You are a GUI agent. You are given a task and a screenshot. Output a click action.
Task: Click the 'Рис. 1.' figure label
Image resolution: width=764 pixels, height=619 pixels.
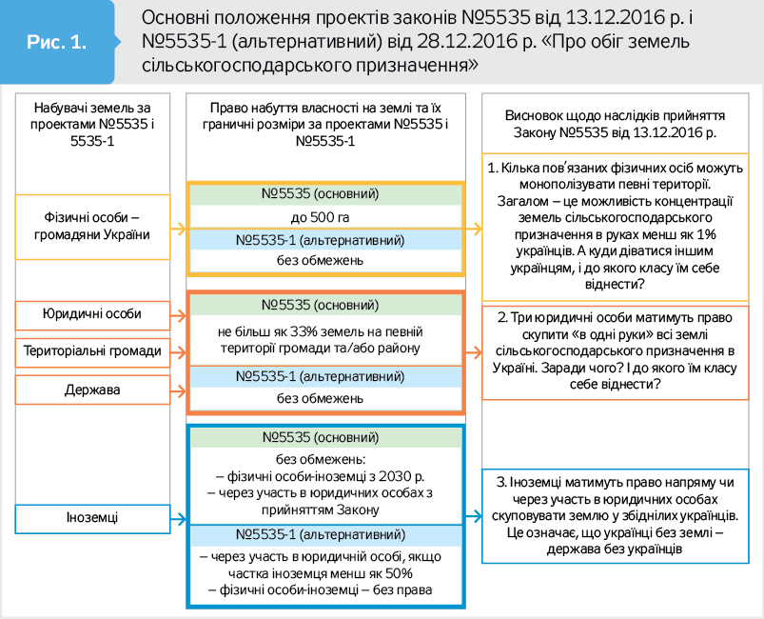[56, 43]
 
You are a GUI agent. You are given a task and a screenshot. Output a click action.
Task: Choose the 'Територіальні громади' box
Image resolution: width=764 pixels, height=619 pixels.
[92, 351]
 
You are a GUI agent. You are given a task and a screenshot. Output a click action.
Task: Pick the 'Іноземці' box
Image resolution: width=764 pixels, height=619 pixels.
[92, 519]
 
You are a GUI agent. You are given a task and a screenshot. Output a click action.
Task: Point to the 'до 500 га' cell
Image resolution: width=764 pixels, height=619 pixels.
[324, 217]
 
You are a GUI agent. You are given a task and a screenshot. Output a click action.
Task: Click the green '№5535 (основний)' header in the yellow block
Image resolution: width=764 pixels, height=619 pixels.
[324, 194]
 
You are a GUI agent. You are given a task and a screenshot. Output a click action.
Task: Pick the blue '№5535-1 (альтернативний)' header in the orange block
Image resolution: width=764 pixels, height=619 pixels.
[324, 376]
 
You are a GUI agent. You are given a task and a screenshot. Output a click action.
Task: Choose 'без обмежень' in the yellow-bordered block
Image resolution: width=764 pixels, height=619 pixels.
[324, 261]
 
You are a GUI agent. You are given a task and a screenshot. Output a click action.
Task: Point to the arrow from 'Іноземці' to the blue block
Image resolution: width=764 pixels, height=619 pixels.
[179, 519]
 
